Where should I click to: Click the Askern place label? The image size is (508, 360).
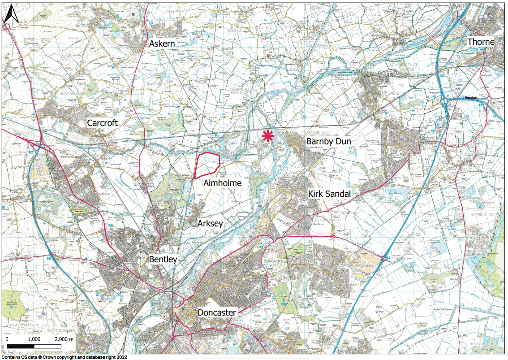tap(162, 44)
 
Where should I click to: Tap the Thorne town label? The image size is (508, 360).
tap(481, 42)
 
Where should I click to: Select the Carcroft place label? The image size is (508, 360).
tap(103, 123)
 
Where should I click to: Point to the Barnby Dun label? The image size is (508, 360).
tap(328, 142)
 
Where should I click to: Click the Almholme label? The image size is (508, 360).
tap(222, 183)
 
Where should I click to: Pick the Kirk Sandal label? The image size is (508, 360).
tap(329, 194)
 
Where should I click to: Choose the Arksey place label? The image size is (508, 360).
tap(211, 223)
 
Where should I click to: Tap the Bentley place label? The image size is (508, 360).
tap(163, 260)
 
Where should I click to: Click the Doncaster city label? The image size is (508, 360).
tap(217, 312)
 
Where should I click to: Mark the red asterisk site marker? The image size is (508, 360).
tap(268, 136)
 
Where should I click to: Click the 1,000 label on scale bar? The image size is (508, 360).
tap(34, 339)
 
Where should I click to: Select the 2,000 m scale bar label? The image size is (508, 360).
tap(65, 339)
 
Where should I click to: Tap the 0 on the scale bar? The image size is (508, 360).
tap(7, 339)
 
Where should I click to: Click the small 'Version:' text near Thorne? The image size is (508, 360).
tap(471, 97)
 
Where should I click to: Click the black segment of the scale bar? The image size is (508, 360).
tap(21, 346)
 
